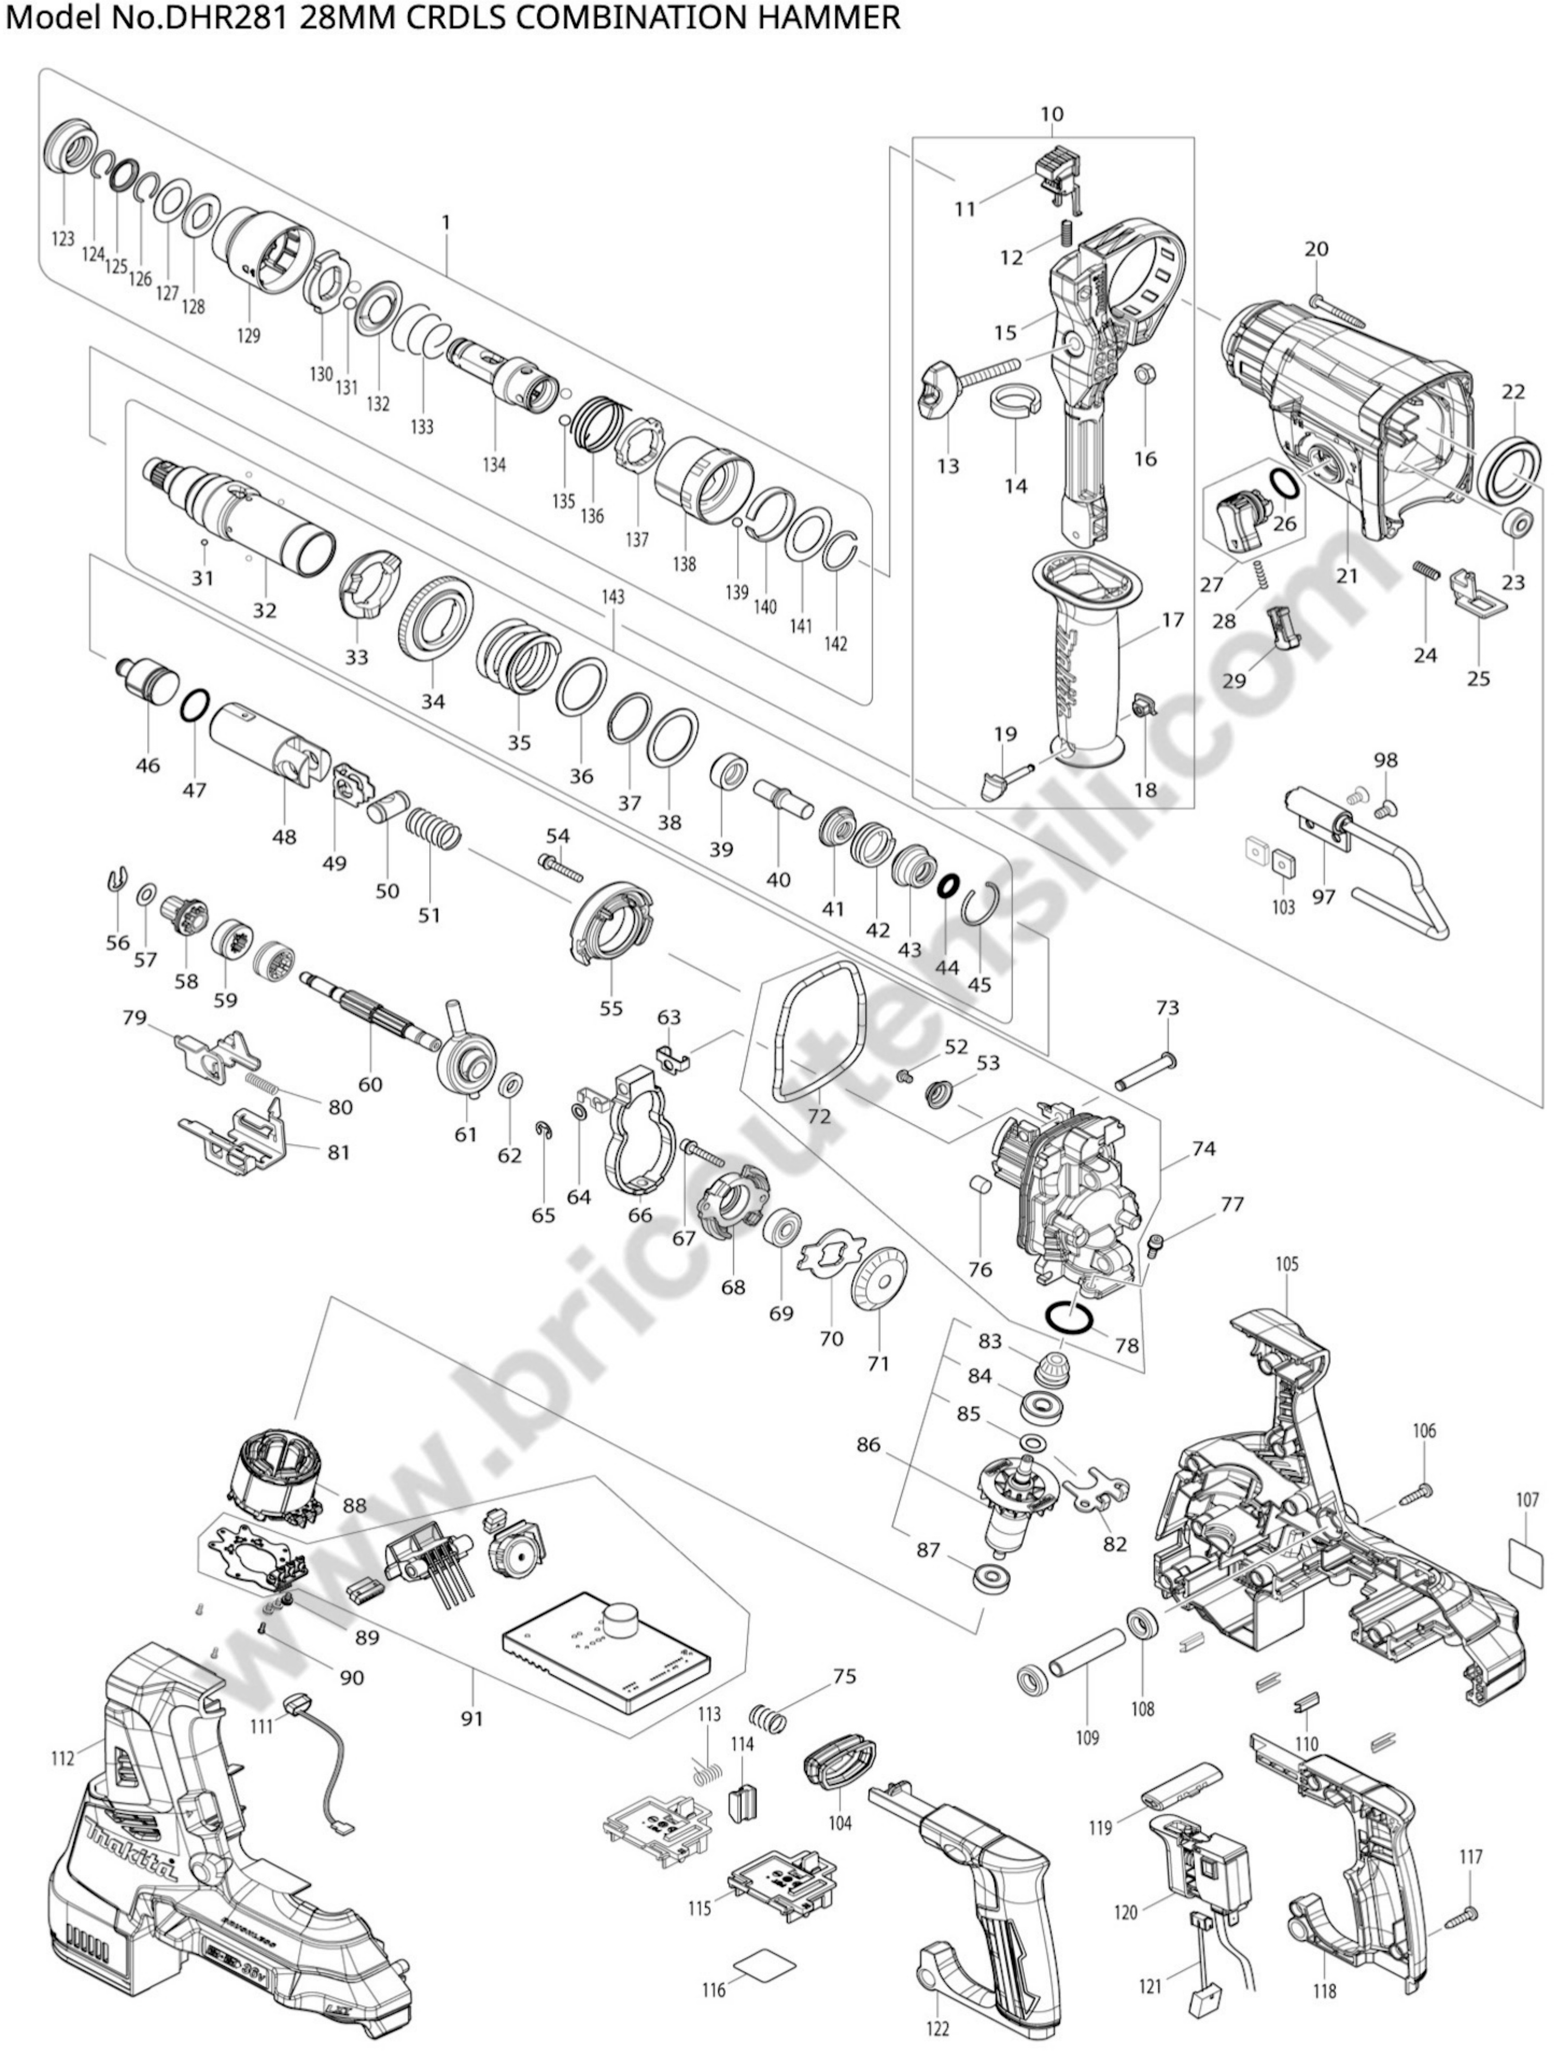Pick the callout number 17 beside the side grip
tap(1173, 619)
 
